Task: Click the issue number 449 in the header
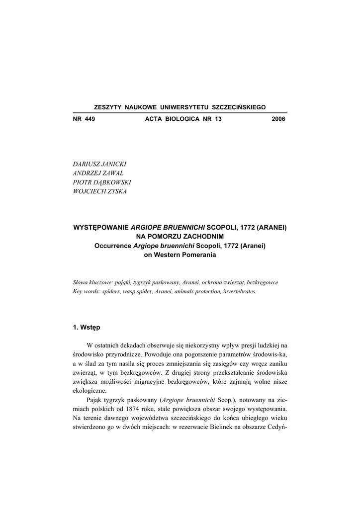pos(90,120)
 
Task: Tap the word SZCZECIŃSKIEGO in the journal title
pos(239,107)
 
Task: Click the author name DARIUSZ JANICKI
pos(99,165)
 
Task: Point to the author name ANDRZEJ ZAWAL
pos(98,173)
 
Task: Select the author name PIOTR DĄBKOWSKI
pos(101,182)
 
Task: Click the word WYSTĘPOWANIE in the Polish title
pos(101,227)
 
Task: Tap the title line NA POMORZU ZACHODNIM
pos(180,236)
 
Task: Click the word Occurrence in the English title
pos(112,246)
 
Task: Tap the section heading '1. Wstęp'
pos(87,327)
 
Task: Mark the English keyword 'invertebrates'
pos(239,292)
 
